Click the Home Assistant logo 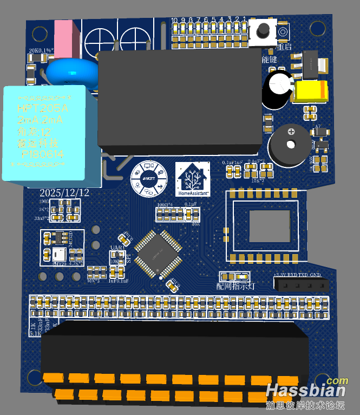pyautogui.click(x=193, y=179)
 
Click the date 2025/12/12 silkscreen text pyautogui.click(x=64, y=193)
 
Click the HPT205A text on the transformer pyautogui.click(x=42, y=109)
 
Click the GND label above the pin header pyautogui.click(x=316, y=276)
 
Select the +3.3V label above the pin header pyautogui.click(x=280, y=276)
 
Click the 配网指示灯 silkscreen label pyautogui.click(x=235, y=286)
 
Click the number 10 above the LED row pyautogui.click(x=175, y=21)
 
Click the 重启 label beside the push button pyautogui.click(x=284, y=47)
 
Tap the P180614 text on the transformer pyautogui.click(x=42, y=154)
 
